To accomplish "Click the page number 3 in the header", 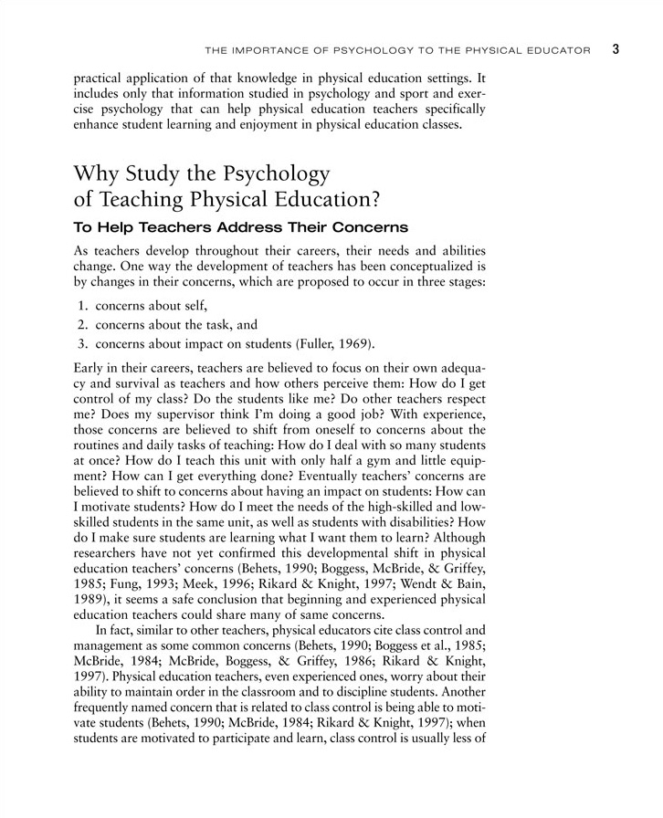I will pyautogui.click(x=616, y=48).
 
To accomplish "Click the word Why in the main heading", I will pyautogui.click(x=98, y=172).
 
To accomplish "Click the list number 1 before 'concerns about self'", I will pyautogui.click(x=81, y=306).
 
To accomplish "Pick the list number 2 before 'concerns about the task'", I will pyautogui.click(x=81, y=324).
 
